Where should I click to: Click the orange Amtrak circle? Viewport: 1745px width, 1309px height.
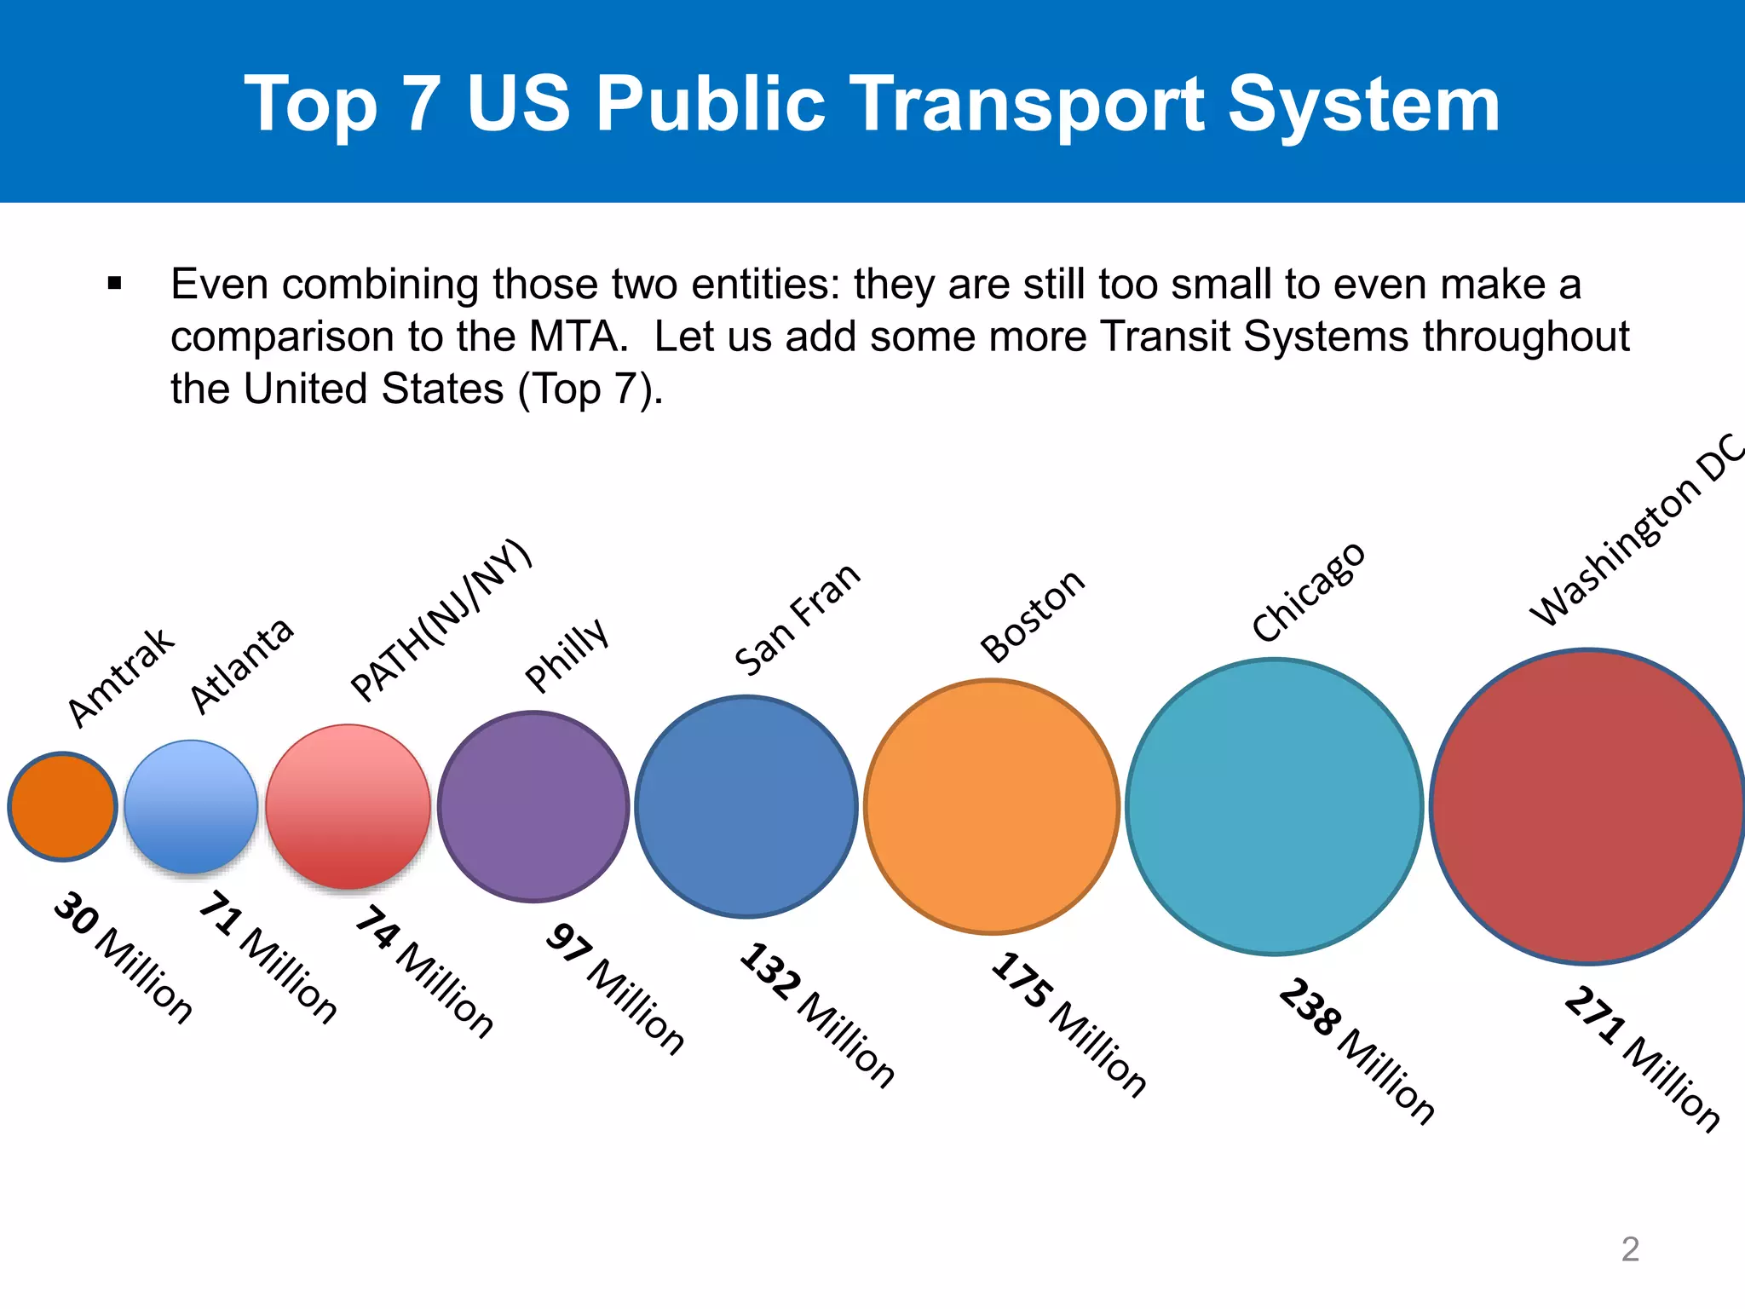(62, 806)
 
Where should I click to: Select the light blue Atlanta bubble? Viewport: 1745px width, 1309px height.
(191, 806)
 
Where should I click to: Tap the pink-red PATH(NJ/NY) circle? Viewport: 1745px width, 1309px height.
(348, 806)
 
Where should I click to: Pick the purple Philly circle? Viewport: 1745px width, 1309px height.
(533, 806)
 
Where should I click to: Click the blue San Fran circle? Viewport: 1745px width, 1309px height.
(746, 806)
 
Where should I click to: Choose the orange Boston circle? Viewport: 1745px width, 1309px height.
(992, 806)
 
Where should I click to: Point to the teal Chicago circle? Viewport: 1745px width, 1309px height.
(1275, 806)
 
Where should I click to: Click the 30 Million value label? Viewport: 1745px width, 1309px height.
(123, 957)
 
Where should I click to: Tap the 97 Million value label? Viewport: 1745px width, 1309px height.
(615, 989)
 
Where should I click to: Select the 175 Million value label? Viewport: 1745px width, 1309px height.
(1068, 1024)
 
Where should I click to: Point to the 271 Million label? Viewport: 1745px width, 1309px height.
(1643, 1058)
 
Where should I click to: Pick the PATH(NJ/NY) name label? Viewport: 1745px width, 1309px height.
(441, 620)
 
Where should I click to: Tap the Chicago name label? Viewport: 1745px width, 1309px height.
(1309, 591)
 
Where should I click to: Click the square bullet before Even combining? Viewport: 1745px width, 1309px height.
(115, 284)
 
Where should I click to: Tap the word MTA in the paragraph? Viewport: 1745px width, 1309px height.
(577, 337)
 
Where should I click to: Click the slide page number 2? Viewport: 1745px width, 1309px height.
(1629, 1249)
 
